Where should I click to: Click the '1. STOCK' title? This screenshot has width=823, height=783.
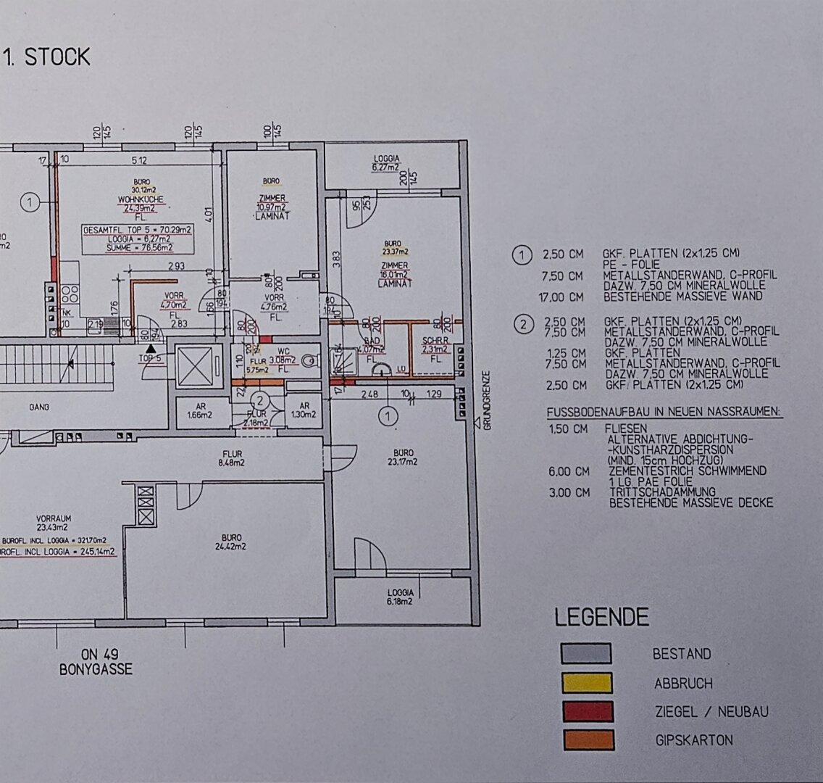[x=48, y=57]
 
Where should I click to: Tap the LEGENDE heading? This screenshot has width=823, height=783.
[x=601, y=618]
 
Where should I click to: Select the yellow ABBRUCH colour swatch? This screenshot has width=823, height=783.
[x=586, y=683]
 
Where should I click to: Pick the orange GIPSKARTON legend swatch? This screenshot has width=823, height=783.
[x=586, y=740]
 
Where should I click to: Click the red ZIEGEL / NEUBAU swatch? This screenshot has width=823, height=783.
[x=586, y=711]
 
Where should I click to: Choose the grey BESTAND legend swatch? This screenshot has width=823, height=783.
[x=586, y=653]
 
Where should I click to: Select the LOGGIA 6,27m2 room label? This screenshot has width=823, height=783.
[x=385, y=163]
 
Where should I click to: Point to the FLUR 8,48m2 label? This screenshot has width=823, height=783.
[x=233, y=457]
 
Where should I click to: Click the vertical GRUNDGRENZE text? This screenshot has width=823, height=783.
[x=487, y=401]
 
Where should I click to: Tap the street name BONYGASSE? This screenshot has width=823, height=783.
[x=96, y=670]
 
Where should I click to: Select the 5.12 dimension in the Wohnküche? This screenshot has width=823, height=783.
[x=140, y=160]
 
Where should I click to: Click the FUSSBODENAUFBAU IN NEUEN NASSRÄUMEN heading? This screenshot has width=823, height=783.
[x=664, y=413]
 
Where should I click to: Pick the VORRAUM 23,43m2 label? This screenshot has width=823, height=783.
[x=56, y=523]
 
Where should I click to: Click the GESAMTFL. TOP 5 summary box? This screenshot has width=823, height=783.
[x=137, y=239]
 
